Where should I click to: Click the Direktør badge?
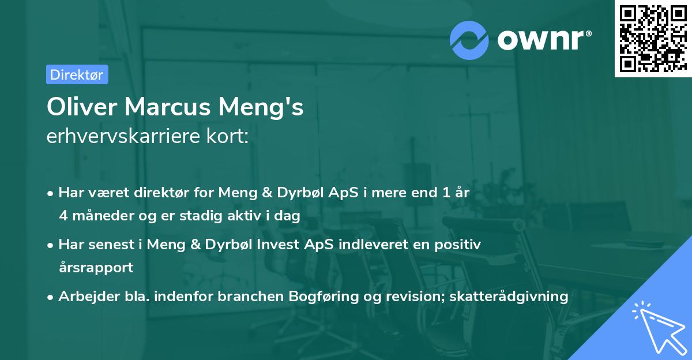(77, 74)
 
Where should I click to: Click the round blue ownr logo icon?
(469, 39)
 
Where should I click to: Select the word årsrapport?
(96, 268)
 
